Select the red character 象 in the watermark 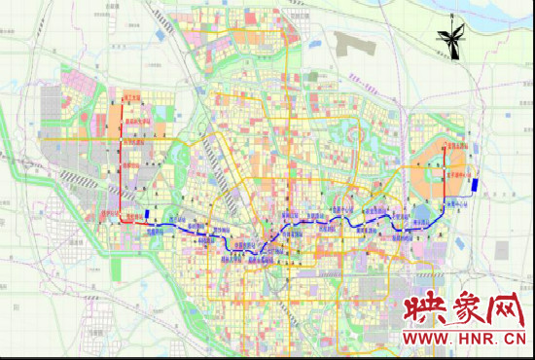(x=461, y=312)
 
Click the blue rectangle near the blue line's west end (x=147, y=216)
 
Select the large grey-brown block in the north (x=355, y=44)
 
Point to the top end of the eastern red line (x=447, y=142)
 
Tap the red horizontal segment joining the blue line (x=132, y=223)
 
